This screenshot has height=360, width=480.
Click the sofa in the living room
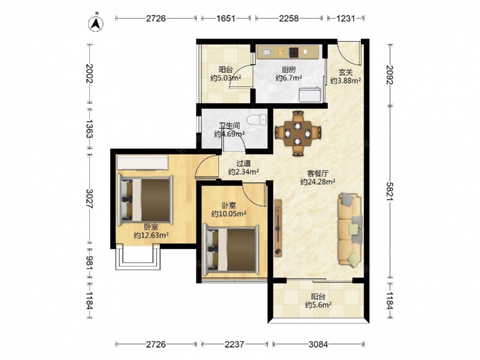point(350,229)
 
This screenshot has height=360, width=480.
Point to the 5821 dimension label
point(390,192)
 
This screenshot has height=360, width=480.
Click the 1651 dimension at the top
point(226,18)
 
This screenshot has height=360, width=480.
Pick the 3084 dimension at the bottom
point(318,344)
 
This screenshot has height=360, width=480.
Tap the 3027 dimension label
point(89,199)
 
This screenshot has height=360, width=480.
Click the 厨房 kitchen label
point(288,70)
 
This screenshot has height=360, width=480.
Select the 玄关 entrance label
point(345,72)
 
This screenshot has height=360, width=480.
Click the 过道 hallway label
point(243,164)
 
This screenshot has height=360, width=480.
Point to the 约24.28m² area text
point(318,182)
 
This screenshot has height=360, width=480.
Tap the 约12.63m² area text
point(152,235)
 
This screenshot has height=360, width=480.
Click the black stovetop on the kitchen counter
point(294,52)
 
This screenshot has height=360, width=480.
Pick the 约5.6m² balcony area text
point(318,305)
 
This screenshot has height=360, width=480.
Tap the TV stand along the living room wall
point(278,228)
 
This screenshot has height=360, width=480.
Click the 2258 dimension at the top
point(288,18)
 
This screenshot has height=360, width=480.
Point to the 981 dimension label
point(89,263)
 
